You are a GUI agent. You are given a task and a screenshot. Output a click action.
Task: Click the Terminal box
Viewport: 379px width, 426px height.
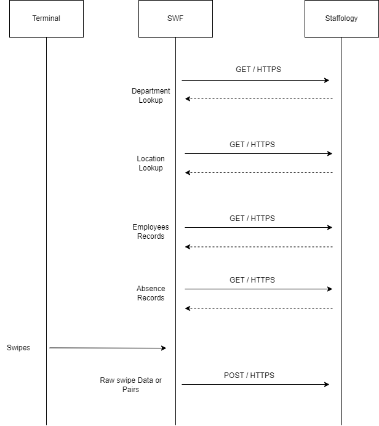[x=46, y=18]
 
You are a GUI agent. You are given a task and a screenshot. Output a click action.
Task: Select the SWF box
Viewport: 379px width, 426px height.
[x=175, y=18]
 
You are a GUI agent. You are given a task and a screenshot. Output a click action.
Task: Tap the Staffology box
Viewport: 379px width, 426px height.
[x=341, y=18]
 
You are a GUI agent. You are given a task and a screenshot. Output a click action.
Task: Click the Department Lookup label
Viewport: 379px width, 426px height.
[x=151, y=95]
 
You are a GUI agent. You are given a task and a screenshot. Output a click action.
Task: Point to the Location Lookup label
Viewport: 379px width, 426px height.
[x=151, y=163]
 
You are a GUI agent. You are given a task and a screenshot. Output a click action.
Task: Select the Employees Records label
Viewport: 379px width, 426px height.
[x=151, y=231]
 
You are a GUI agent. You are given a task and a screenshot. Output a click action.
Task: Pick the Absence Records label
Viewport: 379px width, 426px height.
[x=151, y=293]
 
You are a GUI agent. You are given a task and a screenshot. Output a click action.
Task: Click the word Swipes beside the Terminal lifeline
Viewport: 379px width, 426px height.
[x=18, y=347]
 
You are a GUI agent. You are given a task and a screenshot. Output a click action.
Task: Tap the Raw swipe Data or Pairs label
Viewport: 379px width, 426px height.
[x=130, y=385]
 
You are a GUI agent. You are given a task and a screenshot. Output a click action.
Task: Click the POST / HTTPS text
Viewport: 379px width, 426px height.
[x=249, y=375]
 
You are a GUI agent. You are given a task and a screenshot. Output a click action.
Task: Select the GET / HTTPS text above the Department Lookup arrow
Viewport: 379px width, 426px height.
[x=258, y=70]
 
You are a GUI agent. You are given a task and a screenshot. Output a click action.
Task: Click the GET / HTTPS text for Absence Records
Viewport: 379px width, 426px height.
[x=252, y=280]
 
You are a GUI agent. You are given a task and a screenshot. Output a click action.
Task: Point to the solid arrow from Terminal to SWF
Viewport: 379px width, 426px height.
[x=108, y=348]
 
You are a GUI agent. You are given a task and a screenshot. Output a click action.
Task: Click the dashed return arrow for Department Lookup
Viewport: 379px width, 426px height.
[x=259, y=98]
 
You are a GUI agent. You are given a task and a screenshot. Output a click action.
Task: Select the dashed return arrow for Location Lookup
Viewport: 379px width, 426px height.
[x=259, y=172]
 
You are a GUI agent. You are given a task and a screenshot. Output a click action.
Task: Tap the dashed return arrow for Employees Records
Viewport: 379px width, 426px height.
[x=259, y=247]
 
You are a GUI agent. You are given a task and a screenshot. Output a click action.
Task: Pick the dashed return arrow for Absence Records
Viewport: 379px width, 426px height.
[x=259, y=308]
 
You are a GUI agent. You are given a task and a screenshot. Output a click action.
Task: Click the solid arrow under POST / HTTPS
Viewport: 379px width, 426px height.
[x=255, y=384]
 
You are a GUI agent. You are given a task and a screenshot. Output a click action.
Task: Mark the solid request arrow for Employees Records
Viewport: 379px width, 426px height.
[x=259, y=227]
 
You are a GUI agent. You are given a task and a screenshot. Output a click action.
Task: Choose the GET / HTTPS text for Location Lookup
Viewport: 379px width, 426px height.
[x=252, y=144]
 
